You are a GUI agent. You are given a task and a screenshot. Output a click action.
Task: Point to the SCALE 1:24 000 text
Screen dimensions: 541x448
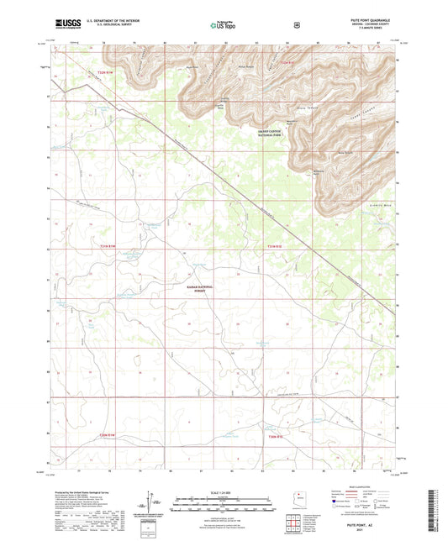(224, 491)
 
